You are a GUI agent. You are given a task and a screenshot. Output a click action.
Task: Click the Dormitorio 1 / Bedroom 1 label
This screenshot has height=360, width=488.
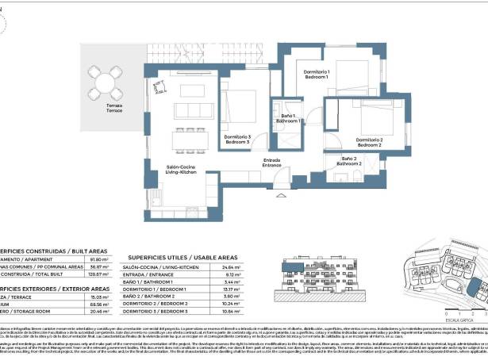point(317,75)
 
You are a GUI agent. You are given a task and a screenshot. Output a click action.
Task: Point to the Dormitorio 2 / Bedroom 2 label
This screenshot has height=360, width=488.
point(369,143)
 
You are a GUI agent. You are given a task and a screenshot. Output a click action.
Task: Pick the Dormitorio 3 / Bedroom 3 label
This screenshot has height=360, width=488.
point(237,140)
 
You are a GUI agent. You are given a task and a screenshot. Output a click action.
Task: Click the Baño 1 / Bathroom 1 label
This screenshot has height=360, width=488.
point(286,121)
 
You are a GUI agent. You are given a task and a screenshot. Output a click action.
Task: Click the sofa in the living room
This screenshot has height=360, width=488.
point(188,109)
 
